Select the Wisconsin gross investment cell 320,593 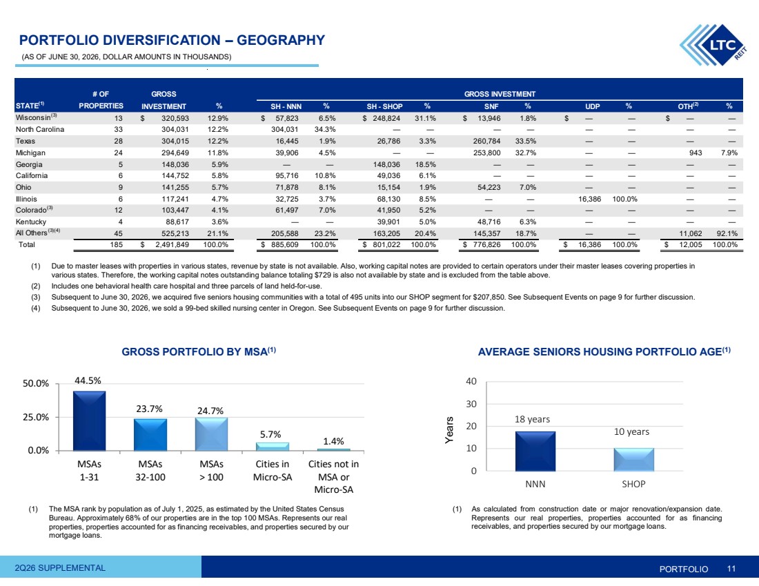(x=175, y=118)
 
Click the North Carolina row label (x=40, y=129)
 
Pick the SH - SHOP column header (x=384, y=106)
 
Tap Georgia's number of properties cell (x=121, y=164)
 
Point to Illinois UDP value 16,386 (x=589, y=199)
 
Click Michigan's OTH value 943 (x=696, y=153)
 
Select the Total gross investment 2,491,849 (x=172, y=244)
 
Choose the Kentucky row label (x=31, y=222)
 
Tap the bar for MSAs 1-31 (x=89, y=421)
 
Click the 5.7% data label (x=270, y=434)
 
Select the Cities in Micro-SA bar (x=273, y=447)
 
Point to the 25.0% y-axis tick (x=36, y=417)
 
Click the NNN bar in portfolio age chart (x=535, y=451)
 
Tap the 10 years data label (x=631, y=431)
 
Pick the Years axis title (x=450, y=429)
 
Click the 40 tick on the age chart (x=471, y=381)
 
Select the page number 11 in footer (x=731, y=569)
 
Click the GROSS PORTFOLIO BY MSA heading (x=199, y=351)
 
